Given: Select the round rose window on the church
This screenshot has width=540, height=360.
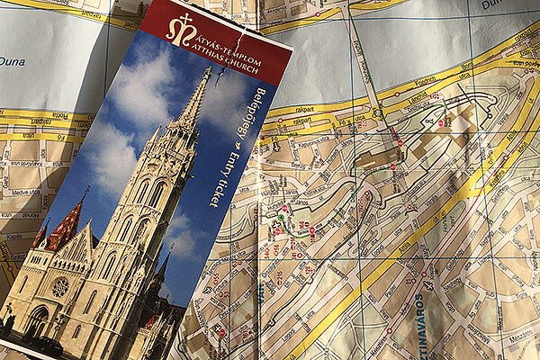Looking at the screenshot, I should click(x=59, y=287).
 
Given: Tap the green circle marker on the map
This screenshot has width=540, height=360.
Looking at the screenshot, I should click(x=280, y=217).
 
